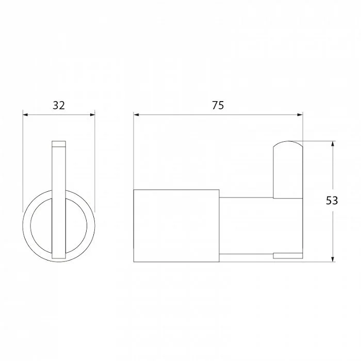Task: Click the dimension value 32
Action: (59, 105)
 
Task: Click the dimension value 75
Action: (218, 105)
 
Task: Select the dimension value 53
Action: (332, 201)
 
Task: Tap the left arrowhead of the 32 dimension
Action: (25, 114)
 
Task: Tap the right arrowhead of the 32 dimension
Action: (92, 114)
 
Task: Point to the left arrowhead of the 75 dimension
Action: (136, 114)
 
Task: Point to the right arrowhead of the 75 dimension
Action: (300, 114)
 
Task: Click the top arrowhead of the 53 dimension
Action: (333, 144)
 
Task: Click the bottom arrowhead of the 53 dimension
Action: (333, 259)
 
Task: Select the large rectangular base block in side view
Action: (176, 226)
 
